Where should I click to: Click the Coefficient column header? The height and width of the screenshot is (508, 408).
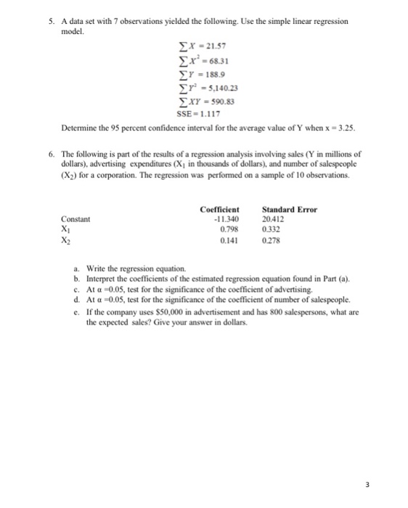coord(219,210)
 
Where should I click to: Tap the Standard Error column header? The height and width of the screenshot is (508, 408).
coord(289,210)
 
